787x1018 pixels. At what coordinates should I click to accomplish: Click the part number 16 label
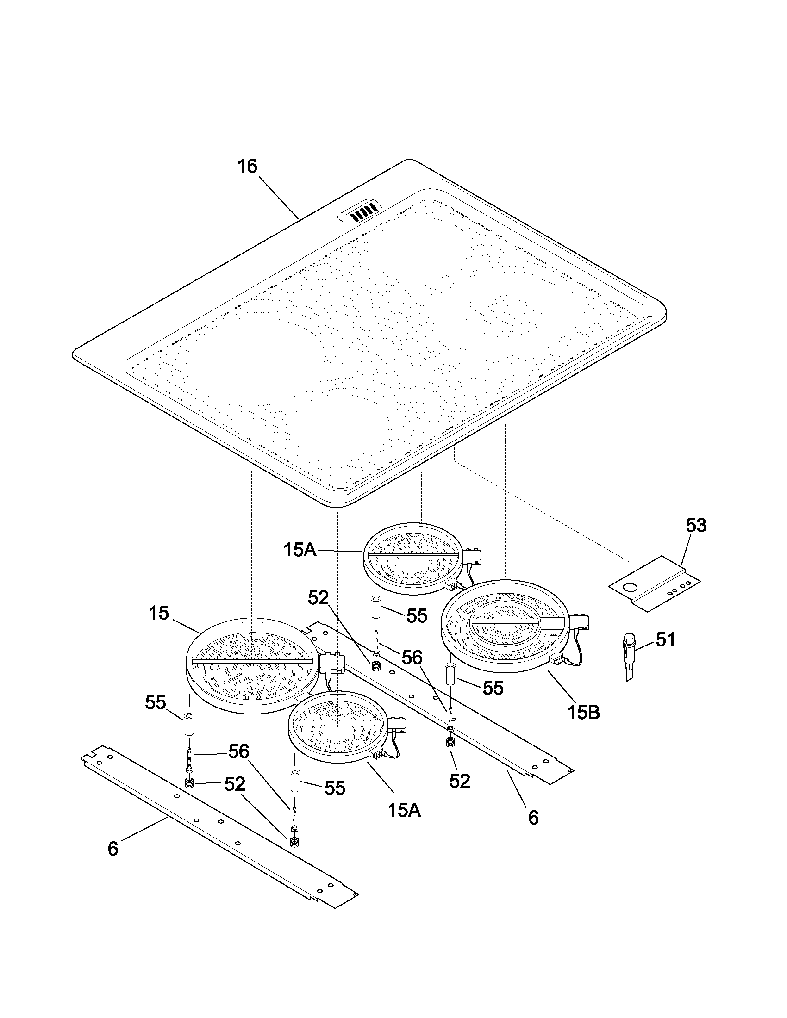point(248,167)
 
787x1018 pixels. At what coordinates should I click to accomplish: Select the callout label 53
point(696,525)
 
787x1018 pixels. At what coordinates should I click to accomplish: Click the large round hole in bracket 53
point(631,587)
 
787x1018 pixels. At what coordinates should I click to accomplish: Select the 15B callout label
point(583,712)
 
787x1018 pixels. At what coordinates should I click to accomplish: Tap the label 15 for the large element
point(159,613)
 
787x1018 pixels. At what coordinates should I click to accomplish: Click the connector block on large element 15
point(331,661)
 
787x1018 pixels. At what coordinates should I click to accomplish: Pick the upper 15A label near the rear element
point(300,551)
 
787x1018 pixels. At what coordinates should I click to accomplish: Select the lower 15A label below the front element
point(404,811)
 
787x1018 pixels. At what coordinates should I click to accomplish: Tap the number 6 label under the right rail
point(533,818)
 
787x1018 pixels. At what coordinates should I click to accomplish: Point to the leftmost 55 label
point(155,702)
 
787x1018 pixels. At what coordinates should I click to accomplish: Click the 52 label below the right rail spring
point(460,781)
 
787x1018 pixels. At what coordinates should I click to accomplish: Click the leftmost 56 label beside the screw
point(239,751)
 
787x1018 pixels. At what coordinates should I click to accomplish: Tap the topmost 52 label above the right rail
point(319,598)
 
